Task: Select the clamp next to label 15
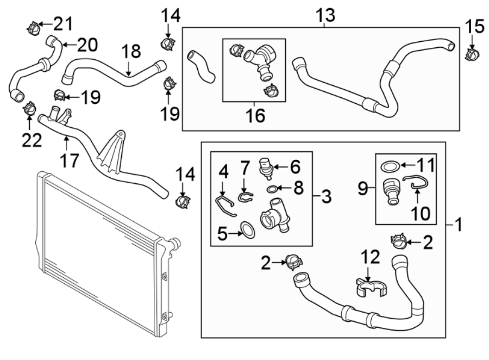(x=472, y=54)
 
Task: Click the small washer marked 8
(x=272, y=189)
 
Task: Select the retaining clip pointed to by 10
(x=415, y=184)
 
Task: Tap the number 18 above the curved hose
(x=131, y=53)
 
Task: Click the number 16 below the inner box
(x=254, y=116)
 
